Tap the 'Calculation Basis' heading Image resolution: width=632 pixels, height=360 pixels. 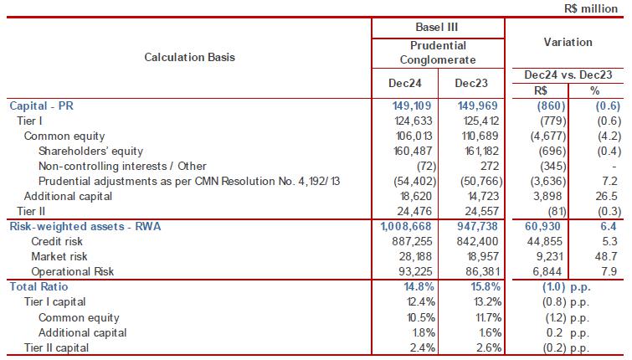190,57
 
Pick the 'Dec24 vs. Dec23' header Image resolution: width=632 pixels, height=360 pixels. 568,75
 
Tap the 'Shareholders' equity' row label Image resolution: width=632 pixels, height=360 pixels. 90,151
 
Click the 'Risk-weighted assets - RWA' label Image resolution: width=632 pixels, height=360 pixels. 78,226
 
